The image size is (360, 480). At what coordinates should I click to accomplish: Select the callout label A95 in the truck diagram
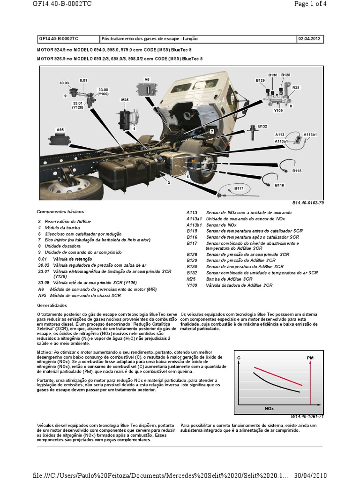pyautogui.click(x=60, y=129)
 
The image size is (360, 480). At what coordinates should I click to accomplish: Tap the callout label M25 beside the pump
pyautogui.click(x=124, y=100)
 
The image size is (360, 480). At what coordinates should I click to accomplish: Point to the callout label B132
pyautogui.click(x=262, y=126)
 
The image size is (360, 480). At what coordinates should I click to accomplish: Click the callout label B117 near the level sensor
pyautogui.click(x=239, y=188)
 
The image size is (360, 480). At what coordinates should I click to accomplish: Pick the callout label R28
pyautogui.click(x=295, y=88)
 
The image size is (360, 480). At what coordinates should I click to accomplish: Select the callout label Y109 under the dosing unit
pyautogui.click(x=278, y=111)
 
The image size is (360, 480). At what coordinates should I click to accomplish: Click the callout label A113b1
pyautogui.click(x=310, y=135)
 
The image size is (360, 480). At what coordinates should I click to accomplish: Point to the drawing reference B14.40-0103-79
pyautogui.click(x=308, y=202)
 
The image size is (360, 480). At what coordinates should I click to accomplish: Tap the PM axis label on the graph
pyautogui.click(x=310, y=358)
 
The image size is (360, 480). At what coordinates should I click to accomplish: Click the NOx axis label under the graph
pyautogui.click(x=269, y=409)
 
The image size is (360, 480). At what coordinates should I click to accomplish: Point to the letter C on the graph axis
pyautogui.click(x=239, y=358)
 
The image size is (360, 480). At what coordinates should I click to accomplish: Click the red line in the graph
pyautogui.click(x=277, y=377)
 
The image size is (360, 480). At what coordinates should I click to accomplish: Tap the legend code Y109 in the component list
pyautogui.click(x=192, y=285)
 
